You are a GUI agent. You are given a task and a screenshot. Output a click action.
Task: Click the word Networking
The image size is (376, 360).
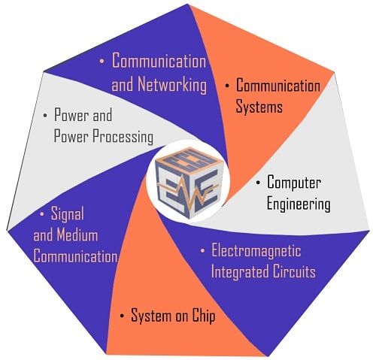[x=172, y=85]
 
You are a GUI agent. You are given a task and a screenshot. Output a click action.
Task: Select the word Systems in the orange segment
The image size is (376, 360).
[x=259, y=107]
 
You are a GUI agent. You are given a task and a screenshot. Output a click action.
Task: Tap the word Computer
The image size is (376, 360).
[x=294, y=183]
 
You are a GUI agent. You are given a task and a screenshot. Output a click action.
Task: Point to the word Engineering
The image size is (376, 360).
[x=299, y=204]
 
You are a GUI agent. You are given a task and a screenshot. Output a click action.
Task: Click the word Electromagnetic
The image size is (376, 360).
[x=256, y=250]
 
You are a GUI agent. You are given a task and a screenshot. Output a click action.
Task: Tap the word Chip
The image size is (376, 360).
[x=204, y=316]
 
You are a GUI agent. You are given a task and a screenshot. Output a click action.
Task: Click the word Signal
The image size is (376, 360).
[x=68, y=215]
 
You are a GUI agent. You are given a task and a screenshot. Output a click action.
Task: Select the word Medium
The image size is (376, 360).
[x=77, y=235]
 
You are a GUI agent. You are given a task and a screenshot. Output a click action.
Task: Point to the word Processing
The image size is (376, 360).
[x=123, y=137]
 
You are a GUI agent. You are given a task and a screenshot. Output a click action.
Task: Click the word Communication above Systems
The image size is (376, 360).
[x=278, y=86]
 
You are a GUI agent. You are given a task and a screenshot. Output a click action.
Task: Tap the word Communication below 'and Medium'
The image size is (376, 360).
[x=75, y=256]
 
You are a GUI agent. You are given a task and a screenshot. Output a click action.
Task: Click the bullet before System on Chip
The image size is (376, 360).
[x=122, y=316]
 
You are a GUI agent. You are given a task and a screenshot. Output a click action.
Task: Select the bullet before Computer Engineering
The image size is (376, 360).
[x=258, y=183]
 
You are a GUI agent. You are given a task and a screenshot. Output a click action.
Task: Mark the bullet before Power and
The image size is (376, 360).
[x=45, y=116]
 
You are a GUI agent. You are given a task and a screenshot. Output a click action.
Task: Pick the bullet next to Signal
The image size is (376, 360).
[x=42, y=214]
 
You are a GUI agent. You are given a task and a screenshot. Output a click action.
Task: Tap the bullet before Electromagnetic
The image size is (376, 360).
[x=202, y=250]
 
